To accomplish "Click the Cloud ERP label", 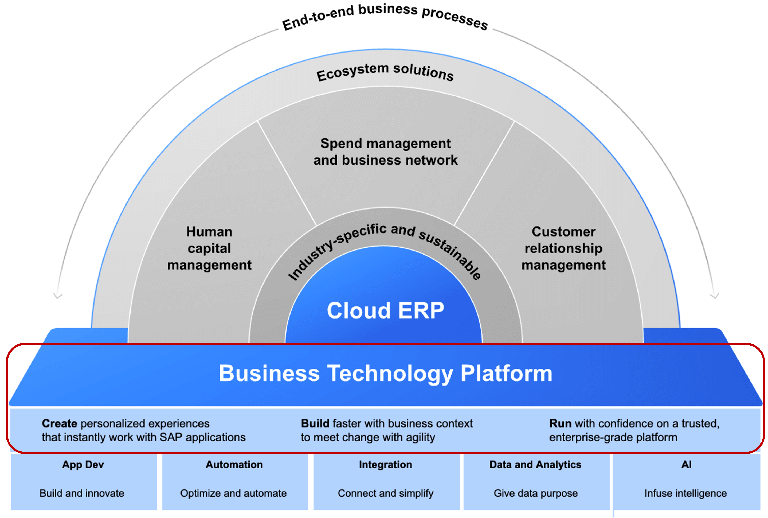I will pyautogui.click(x=385, y=311).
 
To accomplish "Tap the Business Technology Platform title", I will pyautogui.click(x=385, y=374).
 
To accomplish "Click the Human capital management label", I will pyautogui.click(x=209, y=248).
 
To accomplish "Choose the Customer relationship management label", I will pyautogui.click(x=563, y=248).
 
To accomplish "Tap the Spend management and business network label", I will pyautogui.click(x=385, y=152).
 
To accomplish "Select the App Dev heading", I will pyautogui.click(x=83, y=464).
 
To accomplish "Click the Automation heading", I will pyautogui.click(x=234, y=464).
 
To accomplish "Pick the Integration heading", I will pyautogui.click(x=385, y=464).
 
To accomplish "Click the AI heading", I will pyautogui.click(x=686, y=464).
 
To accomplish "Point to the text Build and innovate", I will pyautogui.click(x=82, y=493).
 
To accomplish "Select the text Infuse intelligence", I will pyautogui.click(x=686, y=493).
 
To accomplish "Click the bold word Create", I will pyautogui.click(x=59, y=424).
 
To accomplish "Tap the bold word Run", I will pyautogui.click(x=560, y=424).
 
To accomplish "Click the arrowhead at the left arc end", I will pyautogui.click(x=58, y=296).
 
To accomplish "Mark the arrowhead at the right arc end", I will pyautogui.click(x=714, y=296).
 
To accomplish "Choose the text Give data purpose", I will pyautogui.click(x=536, y=493).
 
